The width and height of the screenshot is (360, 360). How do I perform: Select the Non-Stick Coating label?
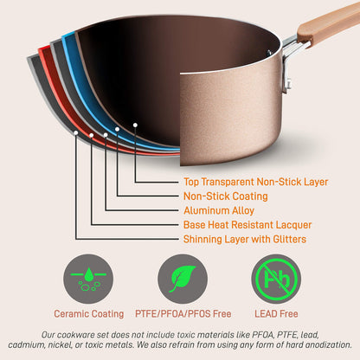(x=225, y=196)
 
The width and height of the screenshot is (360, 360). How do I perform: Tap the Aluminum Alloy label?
(x=219, y=210)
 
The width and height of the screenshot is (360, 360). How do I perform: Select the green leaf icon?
(x=183, y=279)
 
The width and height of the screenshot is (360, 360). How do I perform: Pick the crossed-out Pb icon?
(x=276, y=279)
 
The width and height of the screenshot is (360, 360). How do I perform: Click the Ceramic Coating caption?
(x=88, y=314)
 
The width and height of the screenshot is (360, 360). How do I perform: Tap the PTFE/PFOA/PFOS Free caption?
(x=183, y=314)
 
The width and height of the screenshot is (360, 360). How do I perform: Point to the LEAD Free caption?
(x=276, y=314)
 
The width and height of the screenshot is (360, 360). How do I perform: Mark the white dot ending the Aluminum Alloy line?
(x=106, y=134)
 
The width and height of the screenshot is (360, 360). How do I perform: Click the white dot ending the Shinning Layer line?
(x=76, y=135)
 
